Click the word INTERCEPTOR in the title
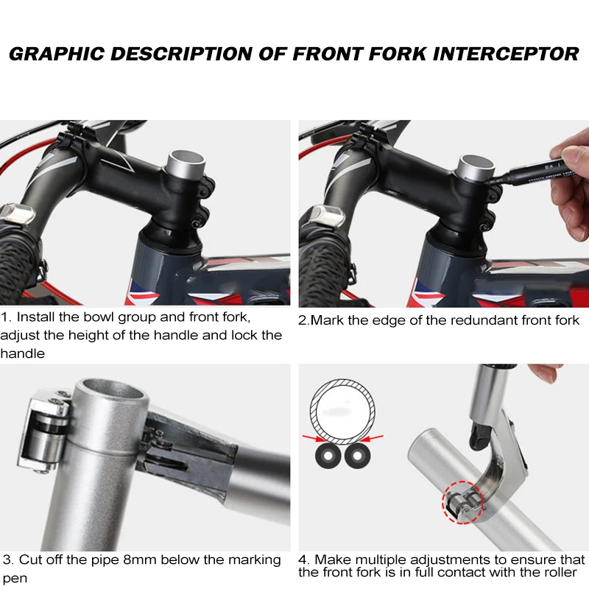506,54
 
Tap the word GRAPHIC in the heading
57,54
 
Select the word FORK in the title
398,54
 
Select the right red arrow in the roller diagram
373,438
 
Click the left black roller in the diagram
328,456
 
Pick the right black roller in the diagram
357,456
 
